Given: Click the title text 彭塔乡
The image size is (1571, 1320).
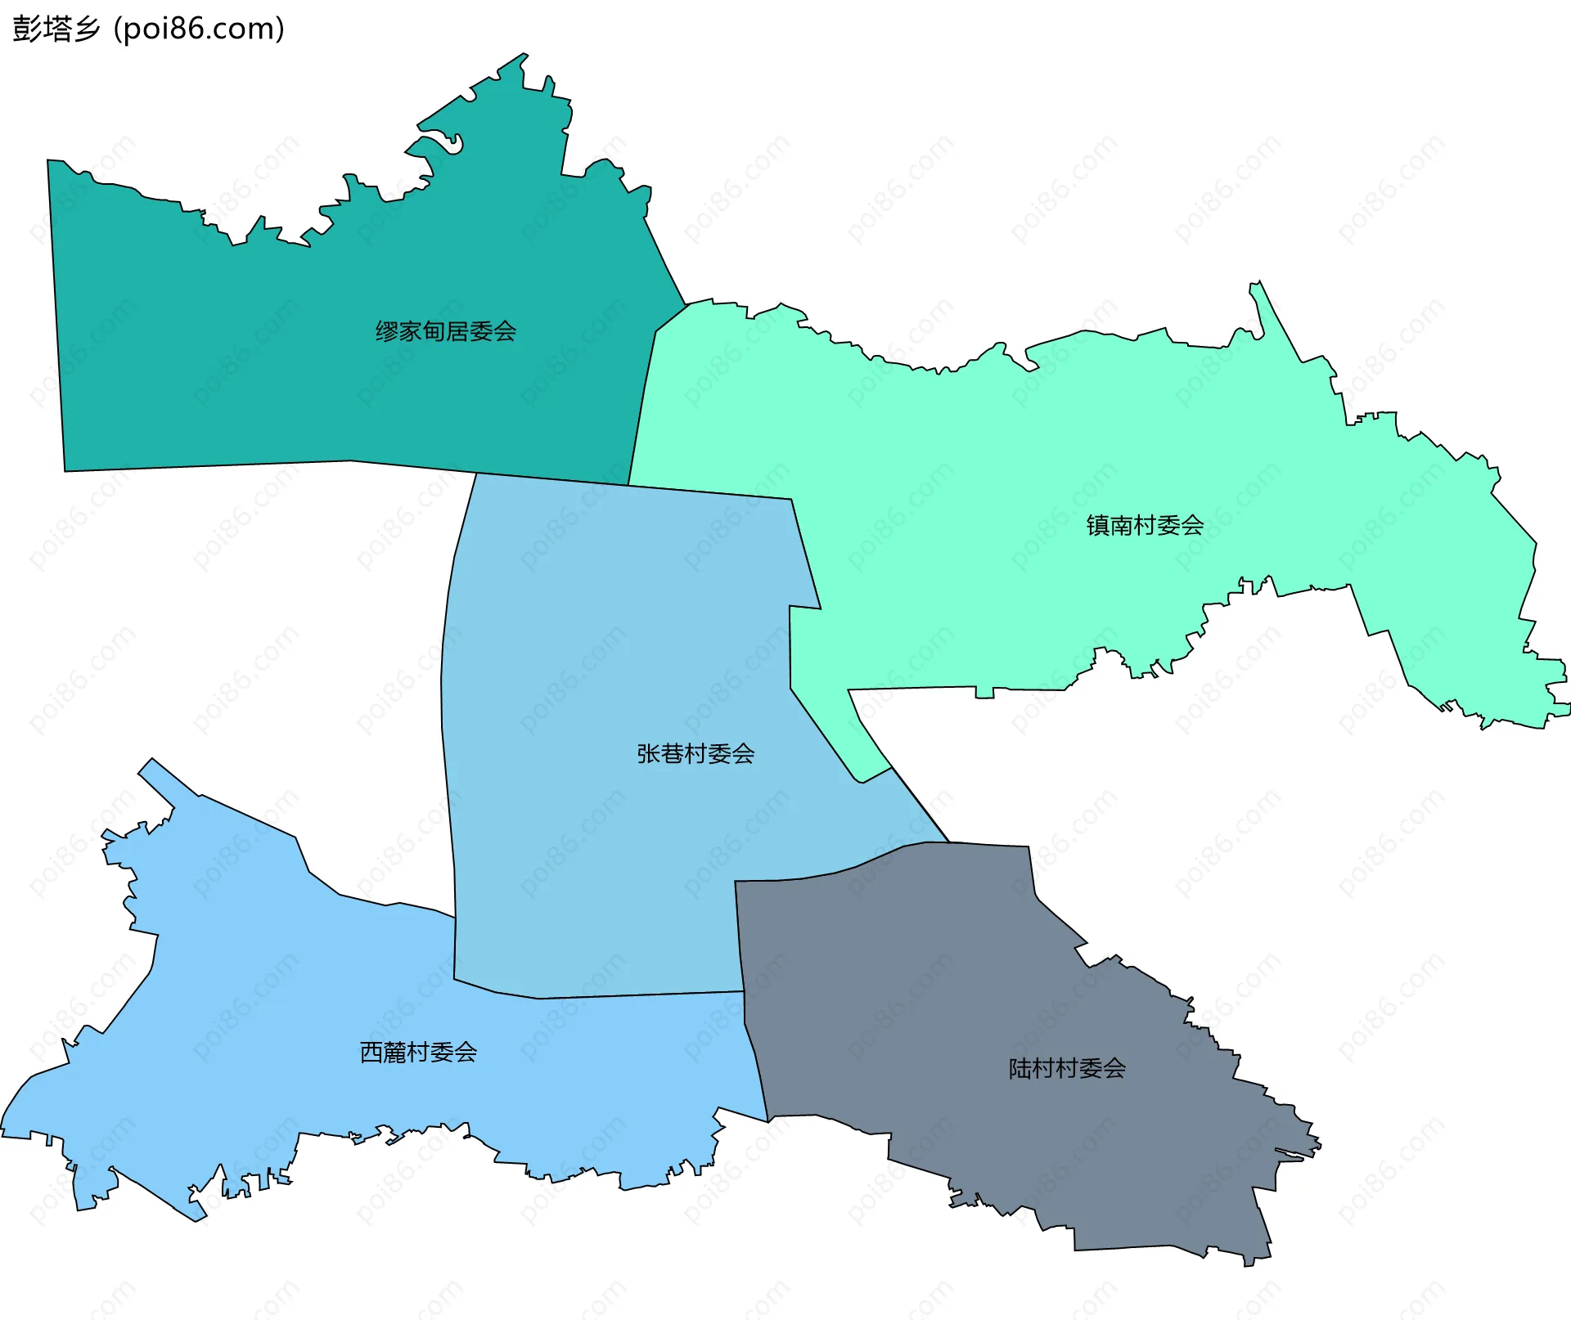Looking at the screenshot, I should point(56,29).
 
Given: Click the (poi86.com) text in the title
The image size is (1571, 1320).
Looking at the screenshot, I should point(199,29).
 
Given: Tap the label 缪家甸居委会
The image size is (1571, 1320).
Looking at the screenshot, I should point(446,331).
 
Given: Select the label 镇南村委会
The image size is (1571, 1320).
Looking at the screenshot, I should point(1145,525).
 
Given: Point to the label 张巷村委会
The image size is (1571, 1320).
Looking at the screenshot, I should point(695,753).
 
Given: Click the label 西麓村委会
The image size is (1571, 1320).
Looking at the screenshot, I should point(418,1052).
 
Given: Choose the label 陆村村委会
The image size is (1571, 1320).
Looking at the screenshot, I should point(1067,1068).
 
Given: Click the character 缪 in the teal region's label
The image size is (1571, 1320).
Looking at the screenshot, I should point(386,331).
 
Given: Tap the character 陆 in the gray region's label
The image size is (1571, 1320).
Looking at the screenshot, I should point(1020,1068).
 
